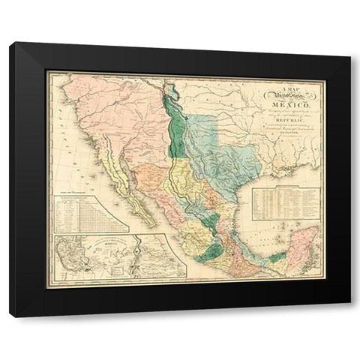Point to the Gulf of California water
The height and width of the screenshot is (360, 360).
[x=132, y=184]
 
